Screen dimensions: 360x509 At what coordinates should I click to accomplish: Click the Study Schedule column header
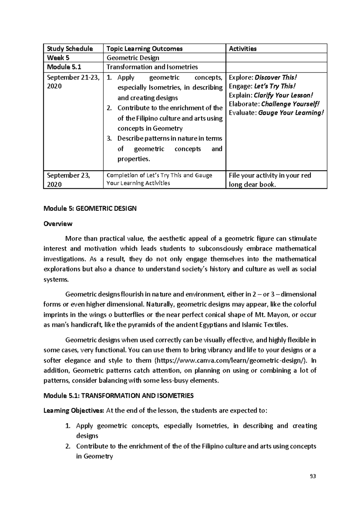[68, 49]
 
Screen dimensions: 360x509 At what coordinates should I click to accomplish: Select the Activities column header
[243, 49]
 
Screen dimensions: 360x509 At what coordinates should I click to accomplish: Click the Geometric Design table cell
[133, 58]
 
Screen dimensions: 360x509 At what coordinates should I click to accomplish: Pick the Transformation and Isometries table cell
[152, 67]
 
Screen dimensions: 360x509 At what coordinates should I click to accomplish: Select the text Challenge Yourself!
[290, 104]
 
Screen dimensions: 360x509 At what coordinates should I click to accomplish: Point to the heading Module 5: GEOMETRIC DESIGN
[90, 208]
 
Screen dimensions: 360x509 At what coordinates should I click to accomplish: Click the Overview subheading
[58, 224]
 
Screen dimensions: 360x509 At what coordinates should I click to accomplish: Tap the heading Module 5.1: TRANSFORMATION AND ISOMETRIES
[118, 396]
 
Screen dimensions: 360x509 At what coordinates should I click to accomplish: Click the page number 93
[313, 476]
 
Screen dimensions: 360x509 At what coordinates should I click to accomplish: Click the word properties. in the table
[133, 159]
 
